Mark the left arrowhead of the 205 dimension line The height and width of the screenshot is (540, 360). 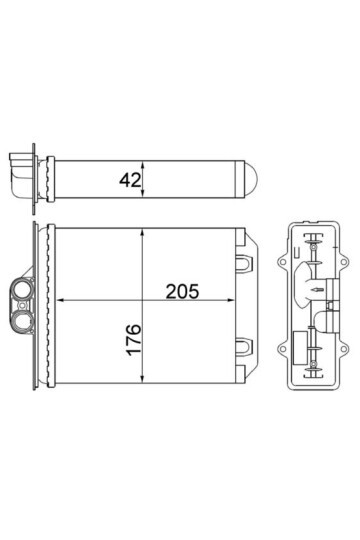pyautogui.click(x=56, y=300)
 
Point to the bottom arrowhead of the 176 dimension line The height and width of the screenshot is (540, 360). pyautogui.click(x=147, y=386)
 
